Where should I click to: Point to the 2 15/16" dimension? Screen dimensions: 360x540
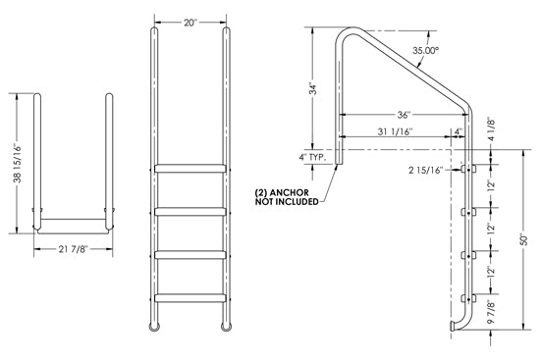pyautogui.click(x=437, y=170)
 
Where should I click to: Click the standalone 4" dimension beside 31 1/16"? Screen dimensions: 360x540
pyautogui.click(x=459, y=130)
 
